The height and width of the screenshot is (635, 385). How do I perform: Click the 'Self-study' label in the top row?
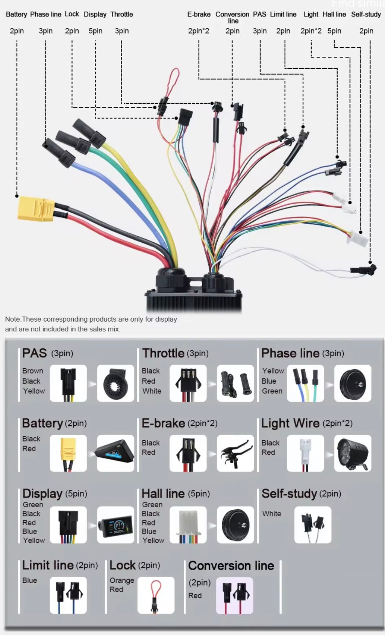pyautogui.click(x=366, y=14)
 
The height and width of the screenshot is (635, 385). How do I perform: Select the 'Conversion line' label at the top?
pyautogui.click(x=232, y=17)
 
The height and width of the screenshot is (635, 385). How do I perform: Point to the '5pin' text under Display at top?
pyautogui.click(x=95, y=31)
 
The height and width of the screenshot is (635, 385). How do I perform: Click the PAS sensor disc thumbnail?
pyautogui.click(x=115, y=383)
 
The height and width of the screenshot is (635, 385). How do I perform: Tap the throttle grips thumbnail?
pyautogui.click(x=235, y=383)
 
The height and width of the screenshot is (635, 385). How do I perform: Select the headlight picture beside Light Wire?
pyautogui.click(x=353, y=453)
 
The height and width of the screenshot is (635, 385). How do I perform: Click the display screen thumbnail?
pyautogui.click(x=115, y=525)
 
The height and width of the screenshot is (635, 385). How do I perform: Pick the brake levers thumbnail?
pyautogui.click(x=235, y=453)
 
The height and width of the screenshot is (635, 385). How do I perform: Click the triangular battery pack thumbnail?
pyautogui.click(x=115, y=453)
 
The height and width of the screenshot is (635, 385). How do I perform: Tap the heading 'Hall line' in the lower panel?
pyautogui.click(x=163, y=494)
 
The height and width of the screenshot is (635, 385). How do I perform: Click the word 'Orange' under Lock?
pyautogui.click(x=122, y=581)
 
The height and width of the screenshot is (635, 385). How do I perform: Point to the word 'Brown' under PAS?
pyautogui.click(x=33, y=371)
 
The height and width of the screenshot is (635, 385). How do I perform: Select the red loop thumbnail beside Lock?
pyautogui.click(x=156, y=595)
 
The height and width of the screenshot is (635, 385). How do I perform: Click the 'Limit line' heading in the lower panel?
pyautogui.click(x=48, y=565)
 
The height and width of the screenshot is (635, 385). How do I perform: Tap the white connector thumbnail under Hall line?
pyautogui.click(x=188, y=525)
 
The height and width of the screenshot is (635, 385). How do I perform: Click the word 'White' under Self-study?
pyautogui.click(x=271, y=514)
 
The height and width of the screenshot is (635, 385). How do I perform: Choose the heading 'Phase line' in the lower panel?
pyautogui.click(x=290, y=353)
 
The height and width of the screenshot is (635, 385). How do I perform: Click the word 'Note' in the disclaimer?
pyautogui.click(x=13, y=319)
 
